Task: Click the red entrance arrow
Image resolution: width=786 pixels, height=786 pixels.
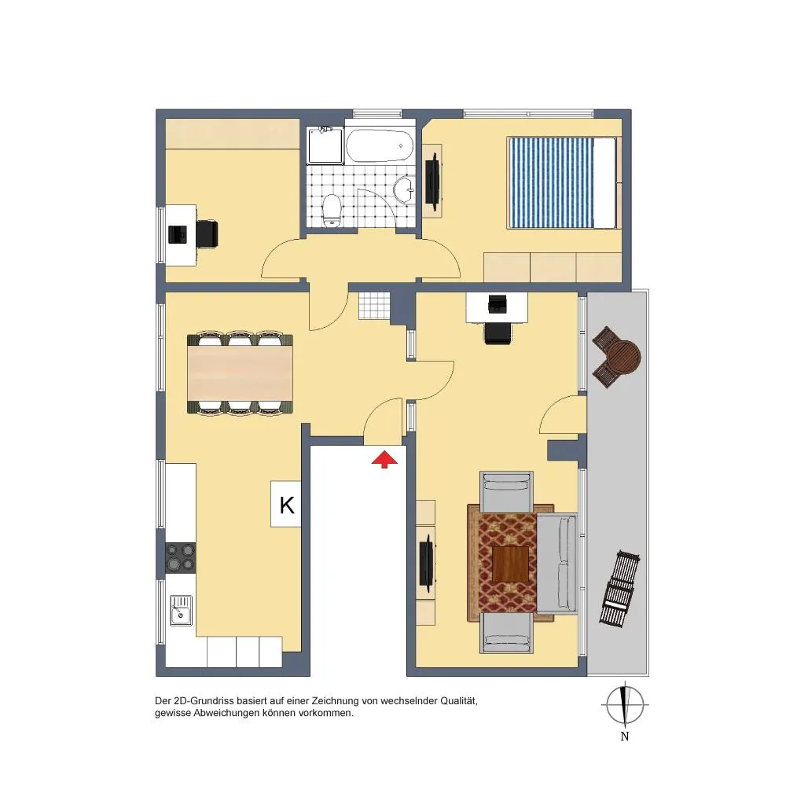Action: (x=384, y=459)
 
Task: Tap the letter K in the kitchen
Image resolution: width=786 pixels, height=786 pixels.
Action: (x=287, y=505)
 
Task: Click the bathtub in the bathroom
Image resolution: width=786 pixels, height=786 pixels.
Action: (x=380, y=146)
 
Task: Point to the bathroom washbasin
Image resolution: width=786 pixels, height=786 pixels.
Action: (x=404, y=189)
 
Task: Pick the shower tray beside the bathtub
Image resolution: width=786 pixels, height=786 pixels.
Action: (x=326, y=146)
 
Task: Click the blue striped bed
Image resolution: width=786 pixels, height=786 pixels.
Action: (x=562, y=183)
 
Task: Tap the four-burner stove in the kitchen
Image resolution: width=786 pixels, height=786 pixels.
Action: (x=181, y=557)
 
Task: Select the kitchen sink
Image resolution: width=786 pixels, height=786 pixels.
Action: (x=181, y=610)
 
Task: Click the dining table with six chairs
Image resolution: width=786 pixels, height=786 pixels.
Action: (x=240, y=373)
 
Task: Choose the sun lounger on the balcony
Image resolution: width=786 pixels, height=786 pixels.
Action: (x=620, y=589)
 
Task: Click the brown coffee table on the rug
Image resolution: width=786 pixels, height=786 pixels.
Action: (x=510, y=564)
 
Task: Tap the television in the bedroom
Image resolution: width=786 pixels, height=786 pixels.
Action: (x=432, y=182)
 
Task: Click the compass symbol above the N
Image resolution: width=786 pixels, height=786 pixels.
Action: (x=625, y=704)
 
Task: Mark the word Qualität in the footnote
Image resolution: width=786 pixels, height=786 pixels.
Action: (x=458, y=701)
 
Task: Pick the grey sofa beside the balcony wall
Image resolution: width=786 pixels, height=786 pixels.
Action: (x=557, y=563)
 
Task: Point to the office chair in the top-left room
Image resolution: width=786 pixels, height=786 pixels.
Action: (x=207, y=234)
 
